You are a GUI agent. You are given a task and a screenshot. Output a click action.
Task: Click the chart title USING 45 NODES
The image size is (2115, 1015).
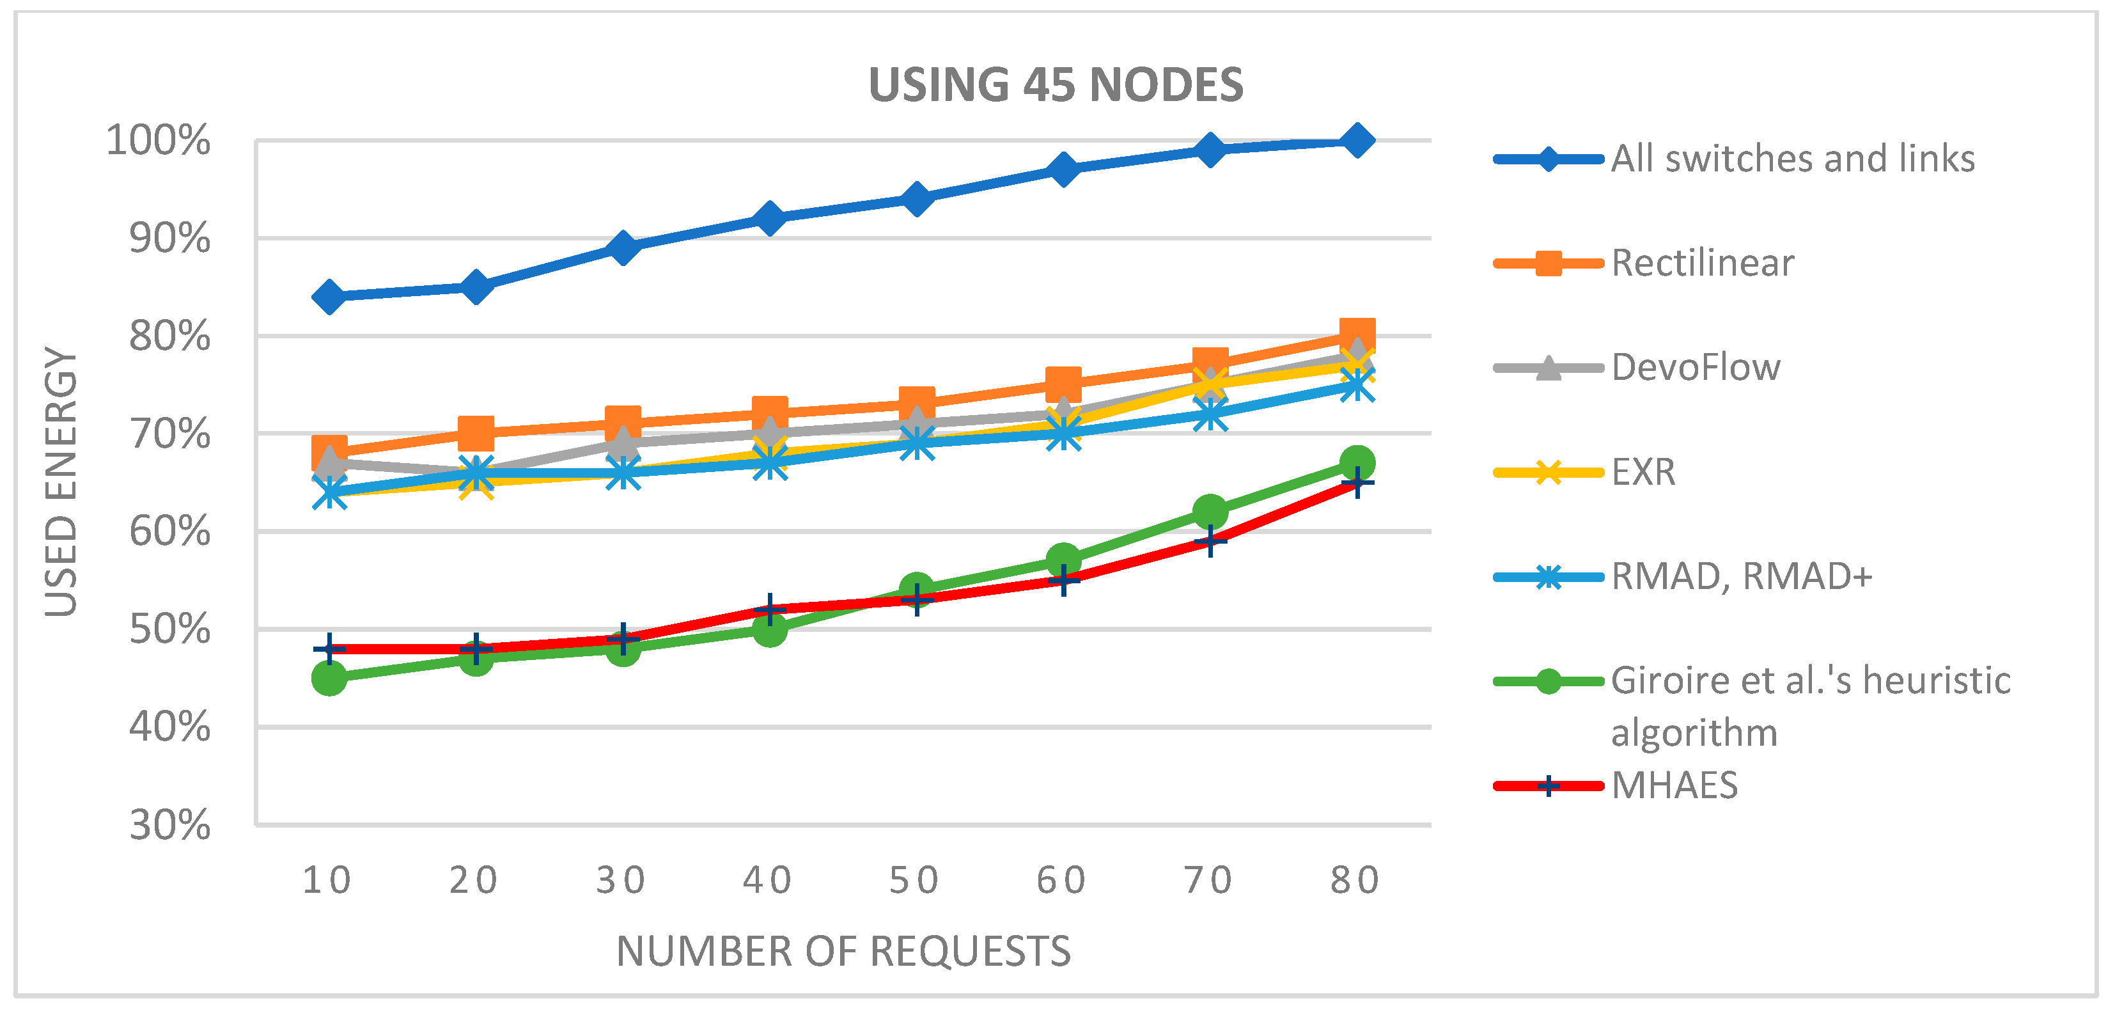click(1055, 84)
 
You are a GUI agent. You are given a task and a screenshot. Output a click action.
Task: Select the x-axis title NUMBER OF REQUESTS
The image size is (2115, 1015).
click(843, 951)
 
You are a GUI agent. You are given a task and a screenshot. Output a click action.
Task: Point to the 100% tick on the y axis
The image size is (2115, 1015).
click(159, 141)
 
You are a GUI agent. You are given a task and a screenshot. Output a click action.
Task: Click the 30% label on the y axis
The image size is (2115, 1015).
click(170, 824)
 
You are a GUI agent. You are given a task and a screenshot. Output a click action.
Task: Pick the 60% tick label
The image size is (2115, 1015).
click(170, 531)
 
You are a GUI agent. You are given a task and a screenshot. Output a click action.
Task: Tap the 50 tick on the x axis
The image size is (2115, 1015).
click(915, 880)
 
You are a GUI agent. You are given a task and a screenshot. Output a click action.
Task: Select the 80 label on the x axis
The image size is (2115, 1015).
click(1355, 880)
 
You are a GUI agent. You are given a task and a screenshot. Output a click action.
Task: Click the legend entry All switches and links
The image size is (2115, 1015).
click(1792, 159)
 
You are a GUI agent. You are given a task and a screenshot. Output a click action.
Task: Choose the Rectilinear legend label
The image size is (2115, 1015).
click(1702, 263)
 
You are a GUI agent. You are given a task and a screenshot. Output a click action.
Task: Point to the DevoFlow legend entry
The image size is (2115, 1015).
click(1696, 367)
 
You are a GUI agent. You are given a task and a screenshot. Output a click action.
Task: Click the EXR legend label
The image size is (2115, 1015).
click(1643, 471)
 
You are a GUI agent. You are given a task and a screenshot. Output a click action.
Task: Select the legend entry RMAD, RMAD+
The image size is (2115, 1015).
click(1740, 576)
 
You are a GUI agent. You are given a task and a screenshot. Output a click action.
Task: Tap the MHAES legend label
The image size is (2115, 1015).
click(1674, 785)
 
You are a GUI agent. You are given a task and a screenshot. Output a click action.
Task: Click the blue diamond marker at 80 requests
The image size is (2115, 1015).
click(1357, 141)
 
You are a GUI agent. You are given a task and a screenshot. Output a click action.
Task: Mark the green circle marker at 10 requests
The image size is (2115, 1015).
click(329, 679)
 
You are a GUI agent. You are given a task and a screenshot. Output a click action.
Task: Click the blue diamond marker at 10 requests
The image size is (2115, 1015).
click(329, 297)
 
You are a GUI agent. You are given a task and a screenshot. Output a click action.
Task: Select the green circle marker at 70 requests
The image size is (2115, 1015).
click(1210, 512)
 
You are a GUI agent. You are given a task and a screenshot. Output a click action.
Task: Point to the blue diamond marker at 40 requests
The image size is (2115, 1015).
click(769, 219)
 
